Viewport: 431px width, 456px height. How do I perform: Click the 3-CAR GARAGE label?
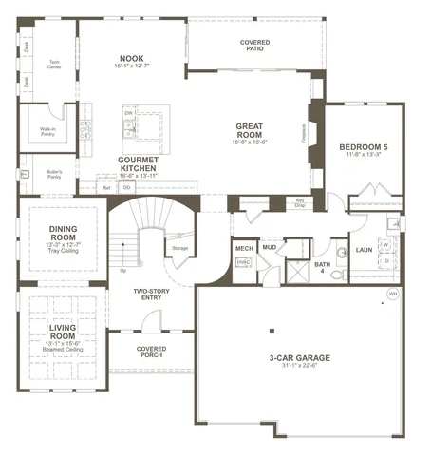coord(301,358)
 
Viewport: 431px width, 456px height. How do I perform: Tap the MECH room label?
coord(243,248)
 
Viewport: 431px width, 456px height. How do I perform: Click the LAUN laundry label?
coord(363,250)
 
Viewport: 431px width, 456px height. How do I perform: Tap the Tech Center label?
coord(55,65)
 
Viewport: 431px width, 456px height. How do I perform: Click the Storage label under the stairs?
coord(179,248)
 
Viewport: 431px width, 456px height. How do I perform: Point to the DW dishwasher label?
coord(128,112)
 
